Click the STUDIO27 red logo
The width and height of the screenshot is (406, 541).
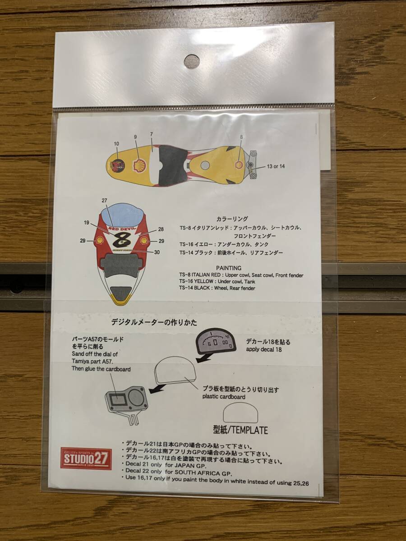pos(86,458)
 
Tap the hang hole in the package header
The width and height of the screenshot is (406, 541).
pos(192,62)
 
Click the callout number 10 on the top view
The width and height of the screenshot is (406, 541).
pos(116,144)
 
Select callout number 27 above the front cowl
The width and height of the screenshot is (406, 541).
pos(104,200)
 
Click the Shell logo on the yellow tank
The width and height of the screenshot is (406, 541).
pos(138,164)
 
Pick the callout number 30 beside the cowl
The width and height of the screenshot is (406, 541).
pos(157,252)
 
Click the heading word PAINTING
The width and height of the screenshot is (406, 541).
pos(229,267)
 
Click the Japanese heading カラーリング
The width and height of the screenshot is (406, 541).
pos(232,219)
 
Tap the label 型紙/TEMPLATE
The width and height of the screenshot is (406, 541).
pos(240,430)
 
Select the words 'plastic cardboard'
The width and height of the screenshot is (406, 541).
pos(224,397)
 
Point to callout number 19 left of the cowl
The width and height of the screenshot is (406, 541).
pos(87,222)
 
